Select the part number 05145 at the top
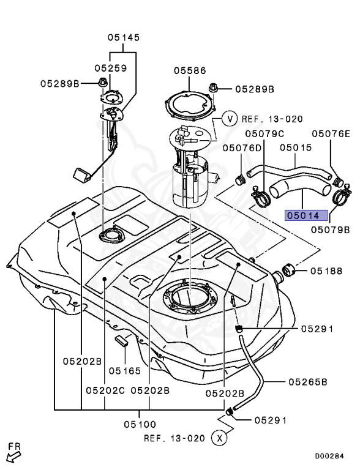(x=124, y=37)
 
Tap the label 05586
(x=189, y=70)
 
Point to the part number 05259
(x=110, y=68)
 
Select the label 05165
(x=125, y=370)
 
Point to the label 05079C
(x=264, y=133)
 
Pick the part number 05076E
(x=331, y=133)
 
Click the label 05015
(x=296, y=147)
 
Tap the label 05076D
(x=242, y=147)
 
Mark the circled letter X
(x=218, y=438)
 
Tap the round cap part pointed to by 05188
(x=289, y=270)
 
